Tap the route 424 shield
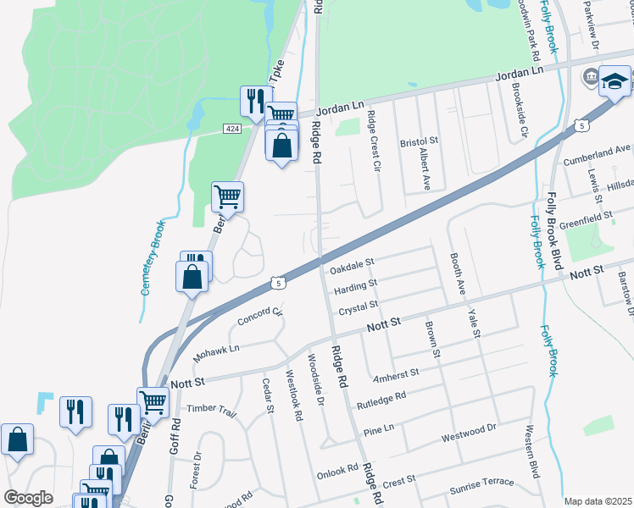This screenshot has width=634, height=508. [231, 128]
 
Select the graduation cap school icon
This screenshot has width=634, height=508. [615, 81]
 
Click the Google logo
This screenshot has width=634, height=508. [28, 498]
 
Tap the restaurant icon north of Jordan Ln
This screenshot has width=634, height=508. [252, 102]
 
